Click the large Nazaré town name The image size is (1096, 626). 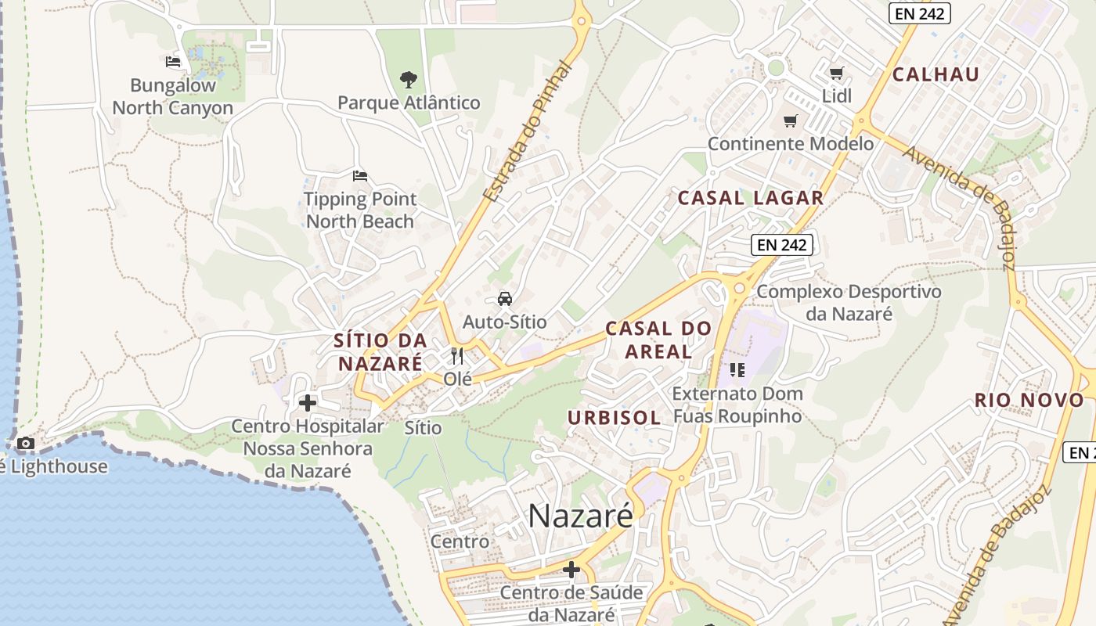point(580,516)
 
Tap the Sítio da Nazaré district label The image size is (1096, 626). point(380,352)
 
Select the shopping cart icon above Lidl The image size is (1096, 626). point(836,74)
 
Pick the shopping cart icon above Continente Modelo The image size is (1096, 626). point(791,121)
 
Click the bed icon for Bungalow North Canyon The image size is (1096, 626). point(173,61)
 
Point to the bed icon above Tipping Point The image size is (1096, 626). point(359,175)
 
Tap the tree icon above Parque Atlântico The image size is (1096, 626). point(408,79)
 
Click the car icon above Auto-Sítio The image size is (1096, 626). point(505,299)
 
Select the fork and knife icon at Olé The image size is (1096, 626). point(457,357)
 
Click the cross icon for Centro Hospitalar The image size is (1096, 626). point(308,403)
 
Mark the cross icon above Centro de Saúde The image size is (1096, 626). point(571,569)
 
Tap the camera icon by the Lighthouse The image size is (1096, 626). point(26,444)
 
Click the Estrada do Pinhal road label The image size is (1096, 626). point(528,133)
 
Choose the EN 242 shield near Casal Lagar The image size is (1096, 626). point(783,244)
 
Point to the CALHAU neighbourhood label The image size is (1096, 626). point(936,74)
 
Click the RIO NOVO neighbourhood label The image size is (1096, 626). point(1029,400)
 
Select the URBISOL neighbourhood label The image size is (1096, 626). point(614,418)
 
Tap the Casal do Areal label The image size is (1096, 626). point(658,340)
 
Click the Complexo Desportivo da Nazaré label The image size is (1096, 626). point(849,303)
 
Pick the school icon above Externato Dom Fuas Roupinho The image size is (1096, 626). point(737,369)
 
